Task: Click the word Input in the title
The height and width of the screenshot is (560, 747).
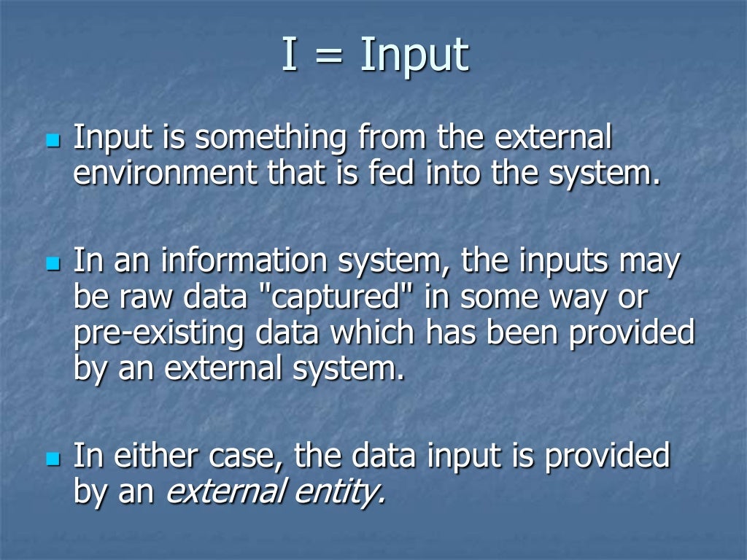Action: point(414,56)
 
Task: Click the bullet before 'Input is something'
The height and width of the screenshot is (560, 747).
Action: point(51,138)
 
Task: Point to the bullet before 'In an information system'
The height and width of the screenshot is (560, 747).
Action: point(51,262)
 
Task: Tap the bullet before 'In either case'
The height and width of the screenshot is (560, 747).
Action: point(51,459)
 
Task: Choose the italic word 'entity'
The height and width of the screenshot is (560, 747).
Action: point(339,494)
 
